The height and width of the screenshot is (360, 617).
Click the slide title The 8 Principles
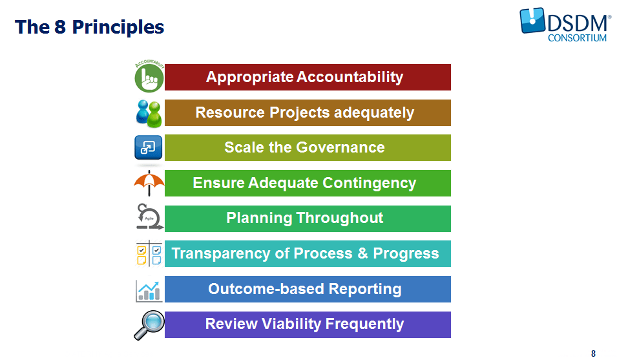click(x=90, y=27)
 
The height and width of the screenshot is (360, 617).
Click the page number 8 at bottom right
click(x=593, y=354)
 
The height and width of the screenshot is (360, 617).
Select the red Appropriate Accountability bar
click(x=308, y=78)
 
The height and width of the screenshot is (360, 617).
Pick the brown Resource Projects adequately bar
click(x=308, y=113)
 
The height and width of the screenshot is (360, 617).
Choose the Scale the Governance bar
click(x=308, y=148)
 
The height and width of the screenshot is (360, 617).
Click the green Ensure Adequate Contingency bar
click(x=308, y=184)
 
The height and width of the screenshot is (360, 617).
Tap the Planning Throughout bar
click(x=308, y=218)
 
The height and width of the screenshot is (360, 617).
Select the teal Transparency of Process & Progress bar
click(x=308, y=254)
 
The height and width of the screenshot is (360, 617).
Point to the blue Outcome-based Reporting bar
click(x=308, y=289)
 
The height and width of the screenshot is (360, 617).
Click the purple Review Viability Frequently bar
click(x=308, y=324)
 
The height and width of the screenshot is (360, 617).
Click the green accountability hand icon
click(x=149, y=77)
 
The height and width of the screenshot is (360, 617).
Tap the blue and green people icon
click(x=149, y=113)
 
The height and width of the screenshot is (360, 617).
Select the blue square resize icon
click(x=148, y=148)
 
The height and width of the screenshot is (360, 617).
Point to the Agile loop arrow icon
click(x=149, y=218)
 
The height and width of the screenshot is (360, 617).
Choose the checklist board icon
click(x=149, y=253)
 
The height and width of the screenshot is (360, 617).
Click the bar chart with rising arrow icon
click(x=149, y=290)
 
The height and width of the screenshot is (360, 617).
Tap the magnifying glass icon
click(x=149, y=324)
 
